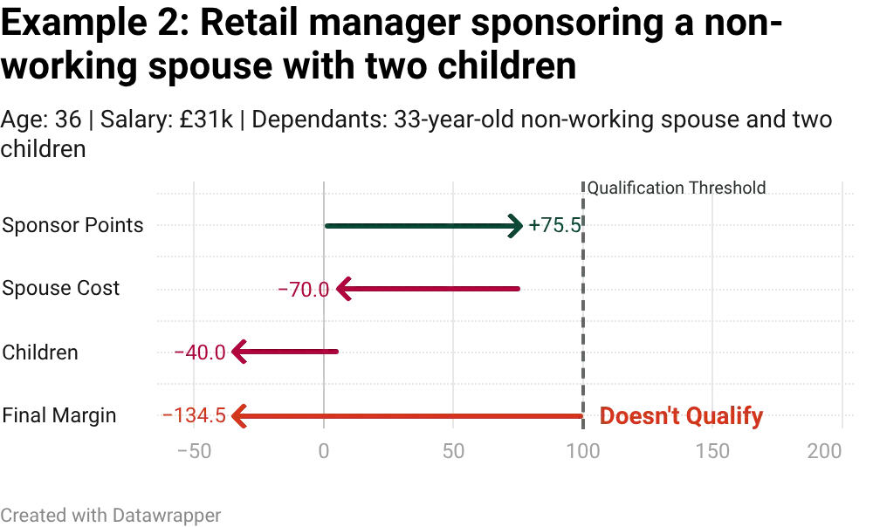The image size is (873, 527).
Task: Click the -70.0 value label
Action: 307,290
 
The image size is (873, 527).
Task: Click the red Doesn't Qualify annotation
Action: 682,416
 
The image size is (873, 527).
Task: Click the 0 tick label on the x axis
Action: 324,451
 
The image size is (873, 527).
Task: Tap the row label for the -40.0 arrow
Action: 43,352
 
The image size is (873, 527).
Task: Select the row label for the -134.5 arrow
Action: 60,416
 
